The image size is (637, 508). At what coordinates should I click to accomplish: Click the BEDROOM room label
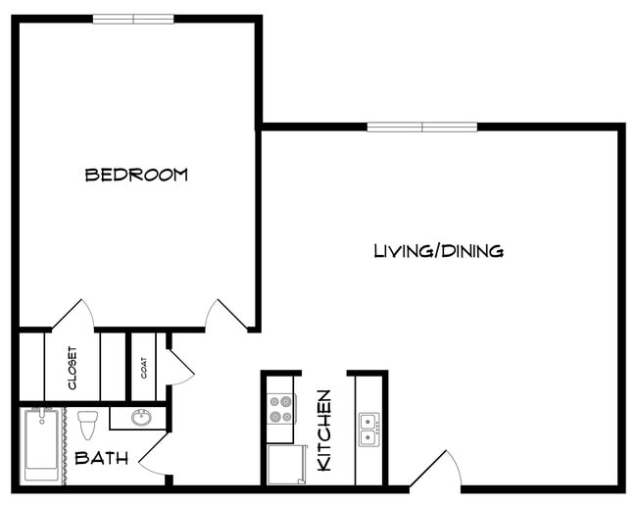point(136,175)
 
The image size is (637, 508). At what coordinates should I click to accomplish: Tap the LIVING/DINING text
point(438,251)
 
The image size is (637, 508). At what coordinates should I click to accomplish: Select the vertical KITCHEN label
point(324,430)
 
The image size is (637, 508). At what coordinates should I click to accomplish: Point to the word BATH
point(101,458)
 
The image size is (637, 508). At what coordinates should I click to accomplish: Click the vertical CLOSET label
point(73,367)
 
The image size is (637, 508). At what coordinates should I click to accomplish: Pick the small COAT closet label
point(143,367)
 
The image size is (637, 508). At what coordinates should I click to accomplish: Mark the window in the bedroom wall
point(133,19)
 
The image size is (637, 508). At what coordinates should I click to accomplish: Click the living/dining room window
point(422,127)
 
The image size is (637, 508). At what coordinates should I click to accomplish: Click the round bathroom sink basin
point(140,418)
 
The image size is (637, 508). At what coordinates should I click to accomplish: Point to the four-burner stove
point(280,408)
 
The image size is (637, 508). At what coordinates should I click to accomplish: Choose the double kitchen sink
point(368,430)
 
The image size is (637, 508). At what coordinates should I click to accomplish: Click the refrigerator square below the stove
point(285,464)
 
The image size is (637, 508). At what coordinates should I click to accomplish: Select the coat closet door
point(179,366)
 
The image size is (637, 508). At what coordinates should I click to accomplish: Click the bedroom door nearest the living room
point(225,315)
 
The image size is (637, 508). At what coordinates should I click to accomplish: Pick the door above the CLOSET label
point(73,315)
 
